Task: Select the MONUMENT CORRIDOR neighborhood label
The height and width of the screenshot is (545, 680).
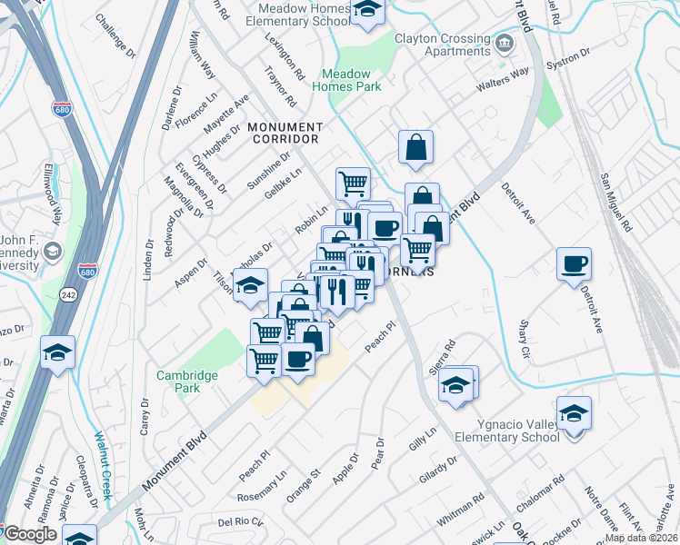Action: (283, 133)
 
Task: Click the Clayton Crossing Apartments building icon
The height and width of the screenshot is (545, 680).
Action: (503, 44)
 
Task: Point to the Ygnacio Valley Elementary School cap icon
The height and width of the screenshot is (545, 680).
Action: (574, 413)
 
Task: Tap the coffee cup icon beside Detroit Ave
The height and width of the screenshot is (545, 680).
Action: (574, 264)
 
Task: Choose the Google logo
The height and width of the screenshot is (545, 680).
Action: (29, 534)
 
